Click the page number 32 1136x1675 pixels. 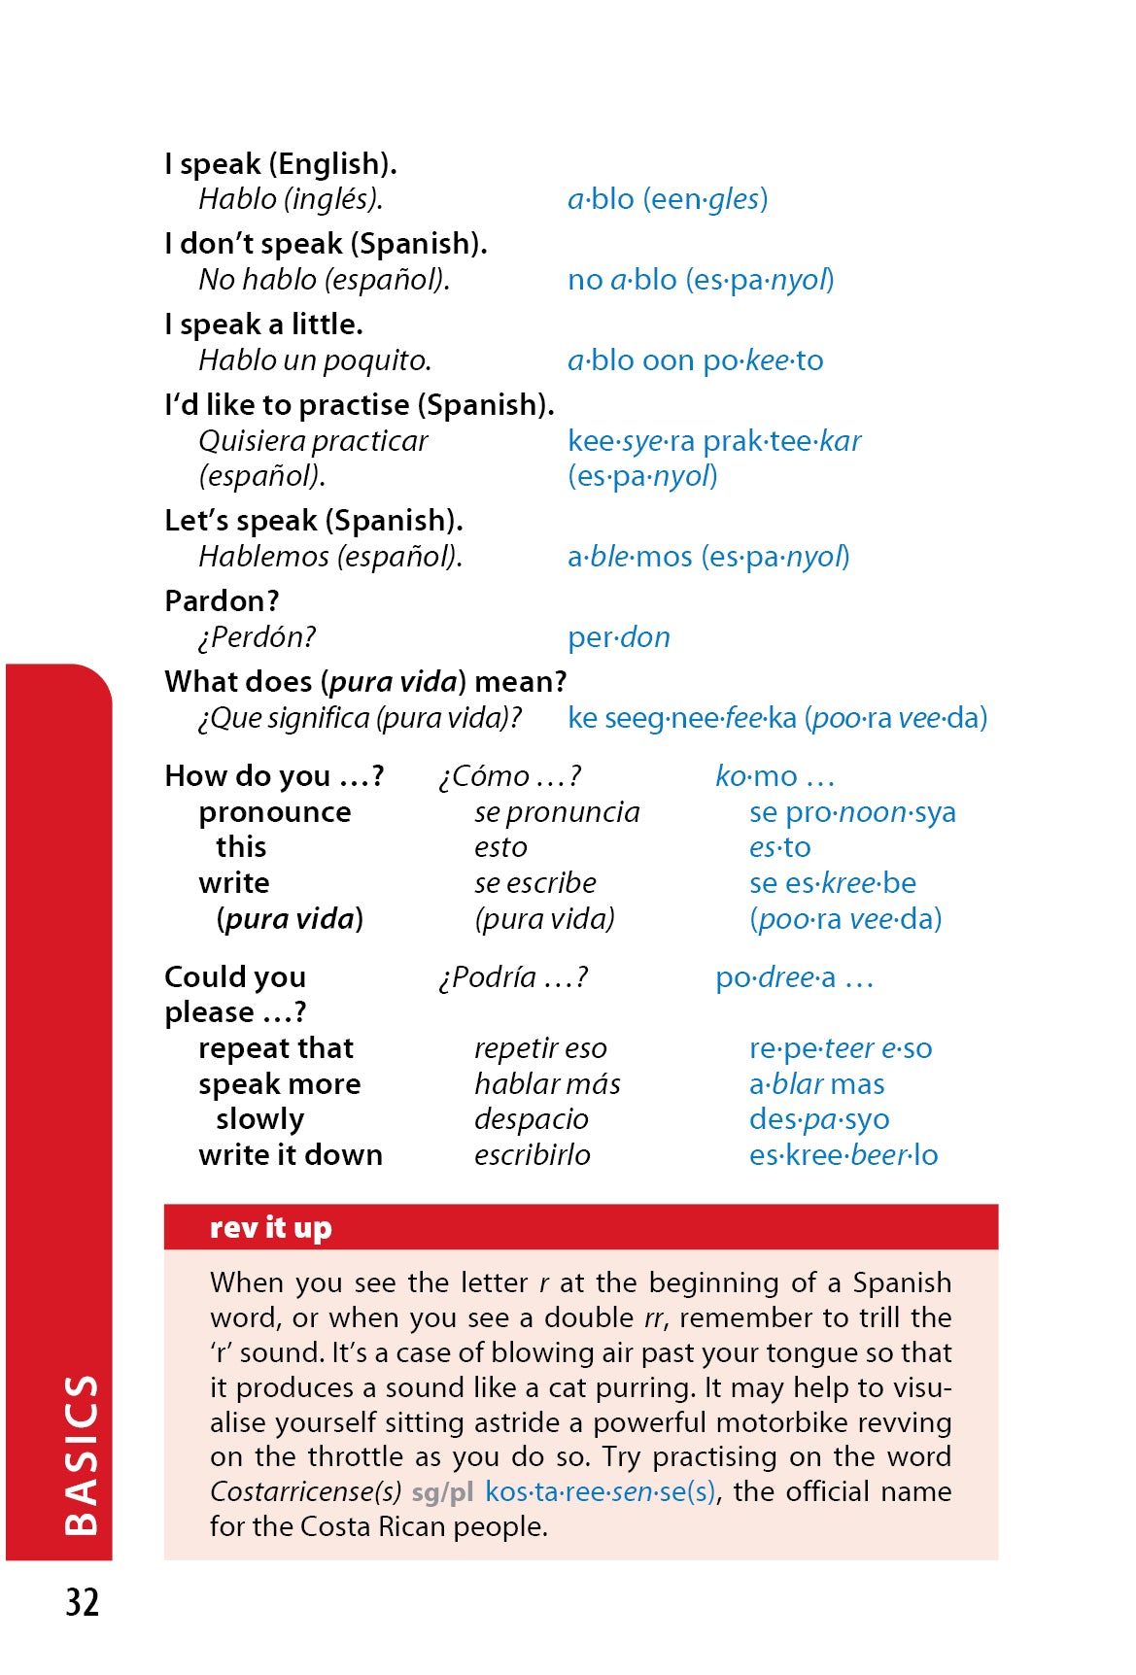click(x=83, y=1602)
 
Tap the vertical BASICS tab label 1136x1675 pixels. click(x=82, y=1454)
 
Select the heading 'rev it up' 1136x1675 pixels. click(x=270, y=1227)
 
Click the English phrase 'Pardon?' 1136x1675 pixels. click(x=222, y=601)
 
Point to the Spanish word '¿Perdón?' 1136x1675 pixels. click(x=257, y=637)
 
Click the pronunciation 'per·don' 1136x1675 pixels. click(x=618, y=637)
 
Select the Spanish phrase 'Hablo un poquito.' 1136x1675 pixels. click(x=315, y=360)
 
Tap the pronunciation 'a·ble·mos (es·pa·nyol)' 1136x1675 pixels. click(x=707, y=557)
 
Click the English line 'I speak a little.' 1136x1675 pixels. click(x=263, y=325)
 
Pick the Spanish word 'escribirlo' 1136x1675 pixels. click(x=532, y=1155)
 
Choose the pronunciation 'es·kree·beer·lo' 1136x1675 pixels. click(x=843, y=1155)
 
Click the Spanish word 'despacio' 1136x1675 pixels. click(x=531, y=1119)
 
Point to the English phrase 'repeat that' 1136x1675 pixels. click(x=276, y=1048)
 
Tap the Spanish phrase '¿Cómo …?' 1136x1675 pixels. click(x=509, y=776)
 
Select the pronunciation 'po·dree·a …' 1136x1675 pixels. click(x=794, y=977)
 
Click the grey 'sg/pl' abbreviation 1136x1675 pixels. click(x=442, y=1491)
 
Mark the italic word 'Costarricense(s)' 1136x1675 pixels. click(x=305, y=1491)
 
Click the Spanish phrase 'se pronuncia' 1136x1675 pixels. click(x=557, y=812)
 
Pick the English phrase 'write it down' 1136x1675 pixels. click(x=290, y=1155)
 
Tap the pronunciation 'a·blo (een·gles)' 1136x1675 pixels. click(x=668, y=199)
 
